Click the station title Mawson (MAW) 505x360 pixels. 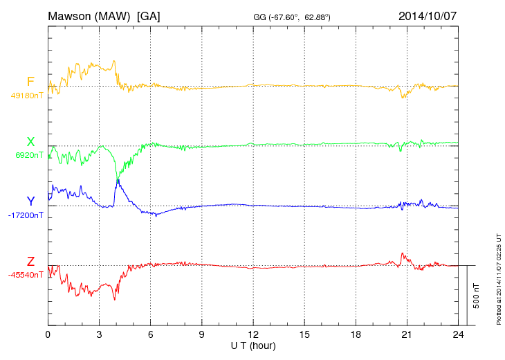click(x=89, y=15)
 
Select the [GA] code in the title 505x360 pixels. click(x=149, y=15)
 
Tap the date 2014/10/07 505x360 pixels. click(x=427, y=15)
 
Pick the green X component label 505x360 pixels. click(x=30, y=142)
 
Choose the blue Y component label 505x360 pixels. click(x=30, y=201)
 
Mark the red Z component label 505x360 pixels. click(x=30, y=261)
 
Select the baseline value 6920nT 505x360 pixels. click(x=29, y=155)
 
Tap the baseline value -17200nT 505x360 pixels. click(x=26, y=215)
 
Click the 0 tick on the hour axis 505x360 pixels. click(x=48, y=335)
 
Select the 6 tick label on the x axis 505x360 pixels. click(x=151, y=335)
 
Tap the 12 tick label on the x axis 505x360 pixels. click(x=253, y=335)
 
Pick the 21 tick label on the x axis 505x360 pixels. click(x=407, y=335)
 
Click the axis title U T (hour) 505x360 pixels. click(x=253, y=345)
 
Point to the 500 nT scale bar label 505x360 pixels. click(x=477, y=296)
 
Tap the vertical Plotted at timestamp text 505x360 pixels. click(x=498, y=278)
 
